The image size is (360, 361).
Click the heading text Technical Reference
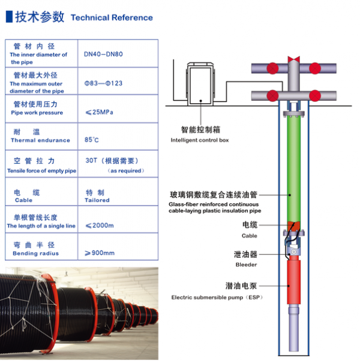point(112,18)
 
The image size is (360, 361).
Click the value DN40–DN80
point(103,53)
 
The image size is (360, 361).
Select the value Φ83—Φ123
point(104,83)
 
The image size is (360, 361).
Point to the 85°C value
point(92,140)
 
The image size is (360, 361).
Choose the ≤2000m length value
point(100,226)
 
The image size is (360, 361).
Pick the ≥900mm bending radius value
point(100,253)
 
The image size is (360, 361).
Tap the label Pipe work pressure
point(37,113)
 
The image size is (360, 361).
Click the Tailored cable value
point(97,200)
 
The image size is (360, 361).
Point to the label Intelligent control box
point(199,140)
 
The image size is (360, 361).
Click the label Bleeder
point(246,264)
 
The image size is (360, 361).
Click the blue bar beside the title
point(8,16)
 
